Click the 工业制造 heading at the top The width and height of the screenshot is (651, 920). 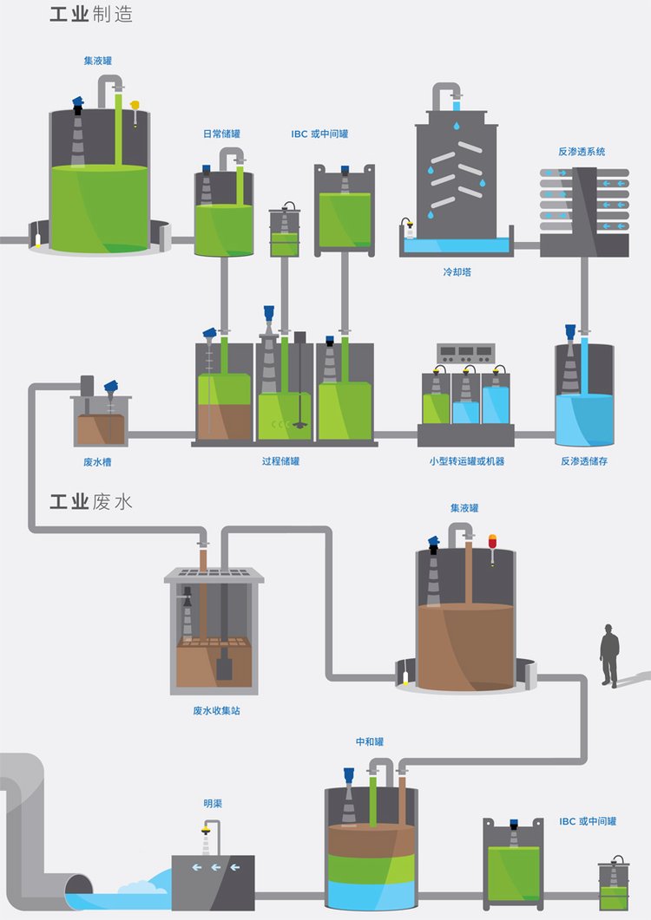pos(91,16)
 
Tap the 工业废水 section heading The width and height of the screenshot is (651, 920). pos(91,501)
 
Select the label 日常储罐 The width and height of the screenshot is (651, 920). pos(221,134)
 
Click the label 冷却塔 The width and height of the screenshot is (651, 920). pos(457,271)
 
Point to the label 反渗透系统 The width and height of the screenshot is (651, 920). pos(582,152)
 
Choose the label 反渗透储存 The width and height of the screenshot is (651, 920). pos(584,461)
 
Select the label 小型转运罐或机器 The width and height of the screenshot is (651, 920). pos(467,461)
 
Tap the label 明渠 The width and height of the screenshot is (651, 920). pos(213,804)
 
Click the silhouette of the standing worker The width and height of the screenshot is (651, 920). pos(610,656)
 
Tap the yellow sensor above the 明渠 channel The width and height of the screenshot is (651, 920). pos(206,830)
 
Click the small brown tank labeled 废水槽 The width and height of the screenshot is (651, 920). pos(101,425)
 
